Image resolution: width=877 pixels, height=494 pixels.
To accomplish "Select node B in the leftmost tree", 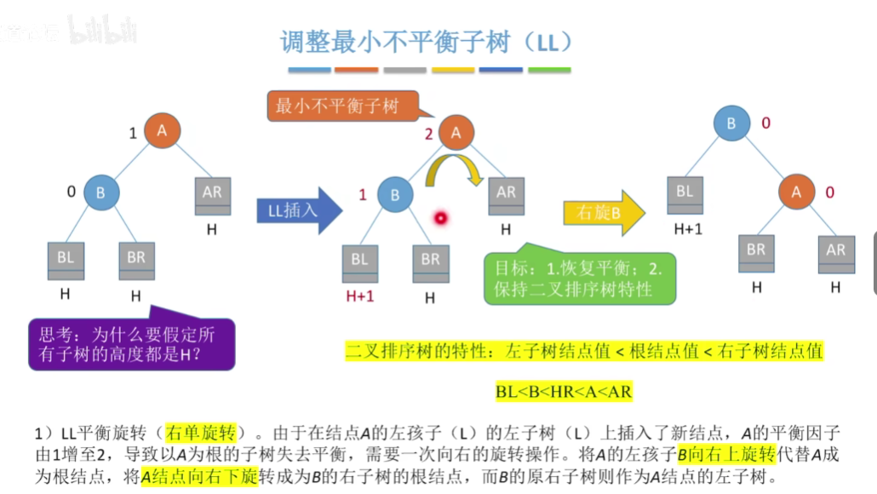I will tap(100, 192).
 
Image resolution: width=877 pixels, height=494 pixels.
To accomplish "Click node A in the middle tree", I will tap(456, 132).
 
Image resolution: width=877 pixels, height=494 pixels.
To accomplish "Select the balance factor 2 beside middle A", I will tap(429, 134).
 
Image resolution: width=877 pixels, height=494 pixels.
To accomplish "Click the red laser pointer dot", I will tap(441, 218).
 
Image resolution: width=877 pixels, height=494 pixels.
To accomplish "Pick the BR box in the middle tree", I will tap(430, 262).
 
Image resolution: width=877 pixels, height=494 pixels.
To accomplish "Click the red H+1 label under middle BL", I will tap(360, 296).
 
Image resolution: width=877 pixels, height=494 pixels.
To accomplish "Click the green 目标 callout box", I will tap(578, 278).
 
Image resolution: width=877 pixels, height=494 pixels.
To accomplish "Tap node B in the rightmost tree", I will tap(731, 124).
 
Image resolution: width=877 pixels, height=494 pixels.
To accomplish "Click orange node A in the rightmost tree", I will tap(796, 192).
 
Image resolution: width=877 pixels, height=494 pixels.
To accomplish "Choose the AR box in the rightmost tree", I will tap(835, 253).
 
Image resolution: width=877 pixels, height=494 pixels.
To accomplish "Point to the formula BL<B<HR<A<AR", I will tap(564, 391).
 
